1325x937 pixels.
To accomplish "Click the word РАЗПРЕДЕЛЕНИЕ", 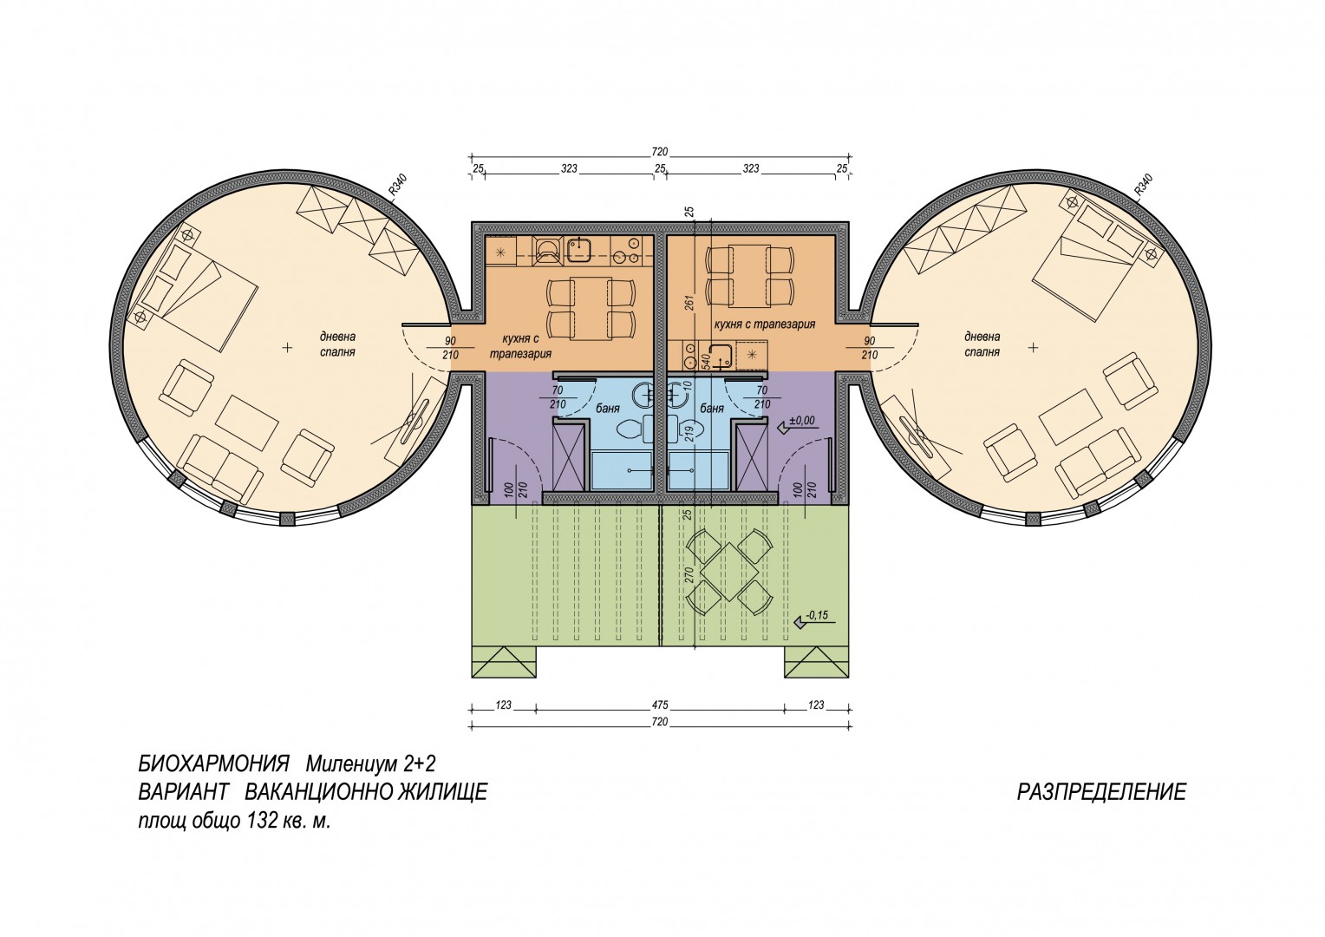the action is pos(1101,792).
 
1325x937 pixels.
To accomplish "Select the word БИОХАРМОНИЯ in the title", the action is pos(213,764).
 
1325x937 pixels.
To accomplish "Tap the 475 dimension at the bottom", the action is pos(660,705).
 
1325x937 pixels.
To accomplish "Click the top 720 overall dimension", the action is pos(660,152).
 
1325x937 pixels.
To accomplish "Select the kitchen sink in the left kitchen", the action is pos(579,250).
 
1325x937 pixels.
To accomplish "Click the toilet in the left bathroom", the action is pos(630,429).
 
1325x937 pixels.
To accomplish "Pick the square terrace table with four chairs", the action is pos(730,572).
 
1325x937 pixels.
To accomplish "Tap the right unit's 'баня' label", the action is pos(713,409).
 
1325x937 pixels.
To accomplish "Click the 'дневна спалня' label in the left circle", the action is pos(338,344).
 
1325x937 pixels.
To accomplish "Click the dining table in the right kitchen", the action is pos(749,276).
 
